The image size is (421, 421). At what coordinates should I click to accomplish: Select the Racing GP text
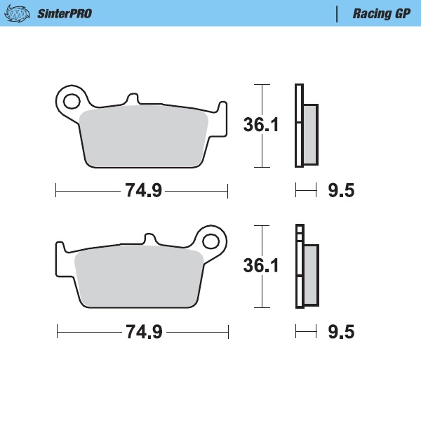382,13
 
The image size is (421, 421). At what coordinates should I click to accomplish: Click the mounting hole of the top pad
70,101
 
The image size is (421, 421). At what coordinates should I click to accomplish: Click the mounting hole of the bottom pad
212,240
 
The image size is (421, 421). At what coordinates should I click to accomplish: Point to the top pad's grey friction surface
144,137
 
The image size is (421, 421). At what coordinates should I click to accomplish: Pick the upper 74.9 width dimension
143,190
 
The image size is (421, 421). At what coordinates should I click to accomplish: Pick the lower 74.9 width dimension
143,331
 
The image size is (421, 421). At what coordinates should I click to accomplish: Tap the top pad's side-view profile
305,126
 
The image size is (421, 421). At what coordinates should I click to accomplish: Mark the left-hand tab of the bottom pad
61,250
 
